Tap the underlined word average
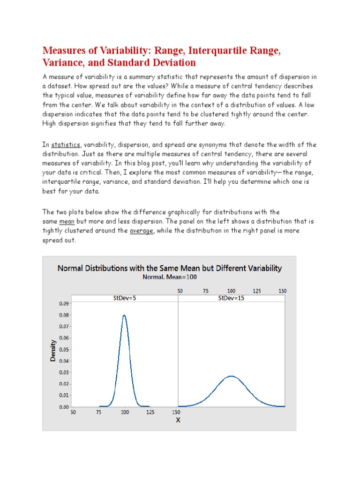point(142,231)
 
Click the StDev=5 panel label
point(124,298)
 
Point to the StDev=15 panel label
point(231,298)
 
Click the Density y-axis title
point(53,350)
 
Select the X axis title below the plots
point(178,420)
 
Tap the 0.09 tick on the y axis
point(63,303)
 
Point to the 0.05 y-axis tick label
point(63,349)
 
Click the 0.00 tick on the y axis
point(63,407)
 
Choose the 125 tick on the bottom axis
point(150,412)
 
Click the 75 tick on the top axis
point(205,291)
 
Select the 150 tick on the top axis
point(282,291)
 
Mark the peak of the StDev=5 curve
point(124,315)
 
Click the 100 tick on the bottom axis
point(125,412)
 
